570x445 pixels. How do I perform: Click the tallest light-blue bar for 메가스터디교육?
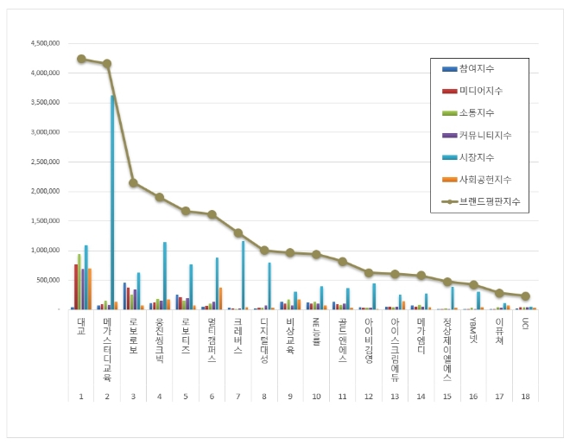[112, 203]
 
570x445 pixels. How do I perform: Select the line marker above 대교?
[81, 59]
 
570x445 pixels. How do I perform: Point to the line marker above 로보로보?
[133, 182]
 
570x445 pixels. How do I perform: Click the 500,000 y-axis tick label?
[47, 280]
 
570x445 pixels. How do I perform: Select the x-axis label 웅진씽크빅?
[160, 341]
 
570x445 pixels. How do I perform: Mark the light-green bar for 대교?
[79, 282]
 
